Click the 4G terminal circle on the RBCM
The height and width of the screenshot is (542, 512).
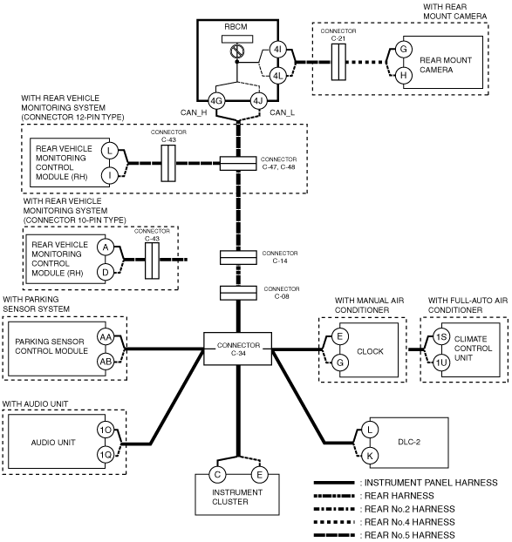click(x=216, y=101)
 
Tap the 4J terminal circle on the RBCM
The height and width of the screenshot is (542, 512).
click(x=258, y=101)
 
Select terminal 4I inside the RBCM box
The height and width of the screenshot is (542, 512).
click(x=277, y=50)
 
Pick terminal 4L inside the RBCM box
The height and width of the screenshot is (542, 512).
click(x=277, y=75)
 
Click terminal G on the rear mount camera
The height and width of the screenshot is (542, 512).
click(x=403, y=49)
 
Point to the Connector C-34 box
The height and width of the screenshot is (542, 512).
click(x=237, y=349)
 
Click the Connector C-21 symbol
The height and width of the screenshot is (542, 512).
click(x=338, y=62)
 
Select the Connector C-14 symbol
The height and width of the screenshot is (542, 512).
click(x=238, y=258)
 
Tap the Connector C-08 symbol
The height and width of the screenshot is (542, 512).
click(x=238, y=293)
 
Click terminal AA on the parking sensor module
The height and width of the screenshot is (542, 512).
click(x=106, y=337)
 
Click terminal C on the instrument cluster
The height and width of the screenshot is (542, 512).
click(x=217, y=475)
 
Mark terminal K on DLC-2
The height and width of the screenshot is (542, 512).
click(x=370, y=456)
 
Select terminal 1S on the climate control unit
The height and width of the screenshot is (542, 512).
click(x=441, y=336)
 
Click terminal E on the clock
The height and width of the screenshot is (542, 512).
click(x=339, y=336)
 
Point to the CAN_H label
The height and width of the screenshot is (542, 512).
click(x=194, y=112)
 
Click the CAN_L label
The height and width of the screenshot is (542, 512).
click(x=282, y=112)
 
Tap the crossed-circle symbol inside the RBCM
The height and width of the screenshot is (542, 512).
click(x=237, y=51)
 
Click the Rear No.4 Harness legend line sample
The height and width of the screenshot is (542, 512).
click(x=334, y=522)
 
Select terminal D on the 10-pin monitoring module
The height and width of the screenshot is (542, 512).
click(x=106, y=273)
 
